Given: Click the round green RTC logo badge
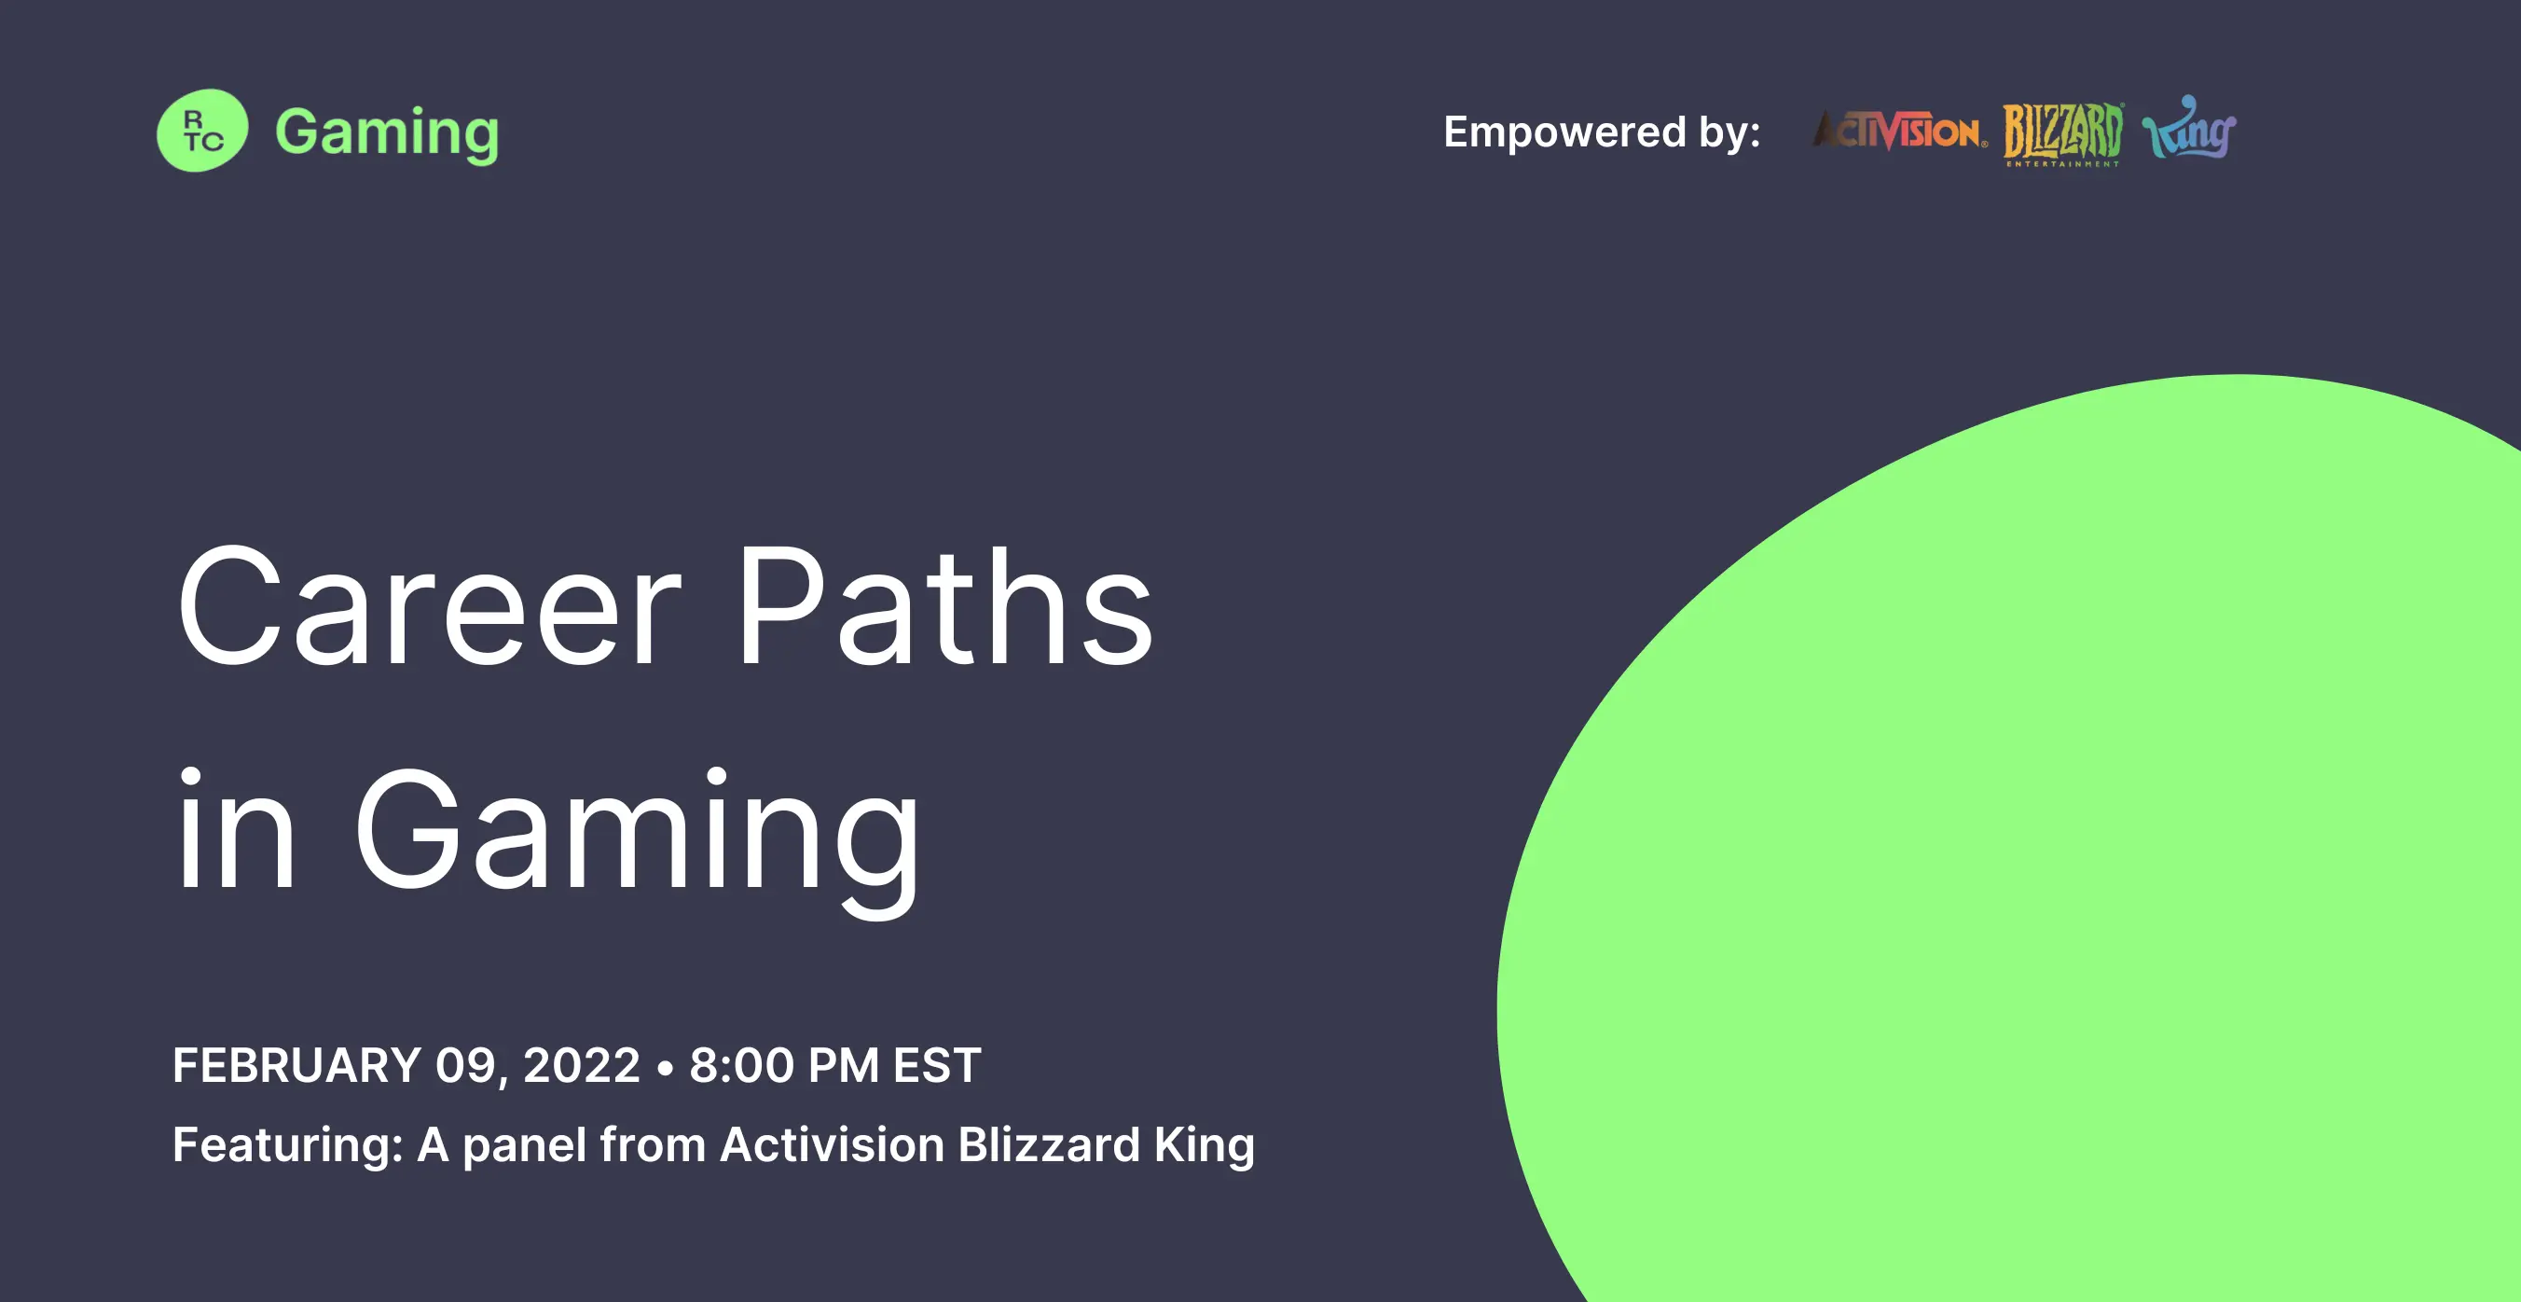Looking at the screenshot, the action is point(202,131).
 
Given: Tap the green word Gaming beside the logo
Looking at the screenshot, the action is point(387,133).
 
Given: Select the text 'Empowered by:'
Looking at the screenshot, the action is point(1602,132).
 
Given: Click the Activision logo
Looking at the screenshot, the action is point(1899,131).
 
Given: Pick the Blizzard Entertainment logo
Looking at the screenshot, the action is point(2063,133).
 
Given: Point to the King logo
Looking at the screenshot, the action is point(2189,127).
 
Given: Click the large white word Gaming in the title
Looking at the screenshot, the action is point(637,841).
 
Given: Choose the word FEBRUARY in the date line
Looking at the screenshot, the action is point(296,1065).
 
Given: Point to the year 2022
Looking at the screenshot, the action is point(582,1065).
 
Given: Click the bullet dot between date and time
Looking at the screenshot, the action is point(666,1067).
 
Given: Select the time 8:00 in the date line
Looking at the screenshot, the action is point(742,1065).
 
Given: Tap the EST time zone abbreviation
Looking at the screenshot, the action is point(937,1065).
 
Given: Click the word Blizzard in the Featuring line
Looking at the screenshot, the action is point(1049,1144).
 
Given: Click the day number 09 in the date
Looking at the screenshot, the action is point(464,1065).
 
